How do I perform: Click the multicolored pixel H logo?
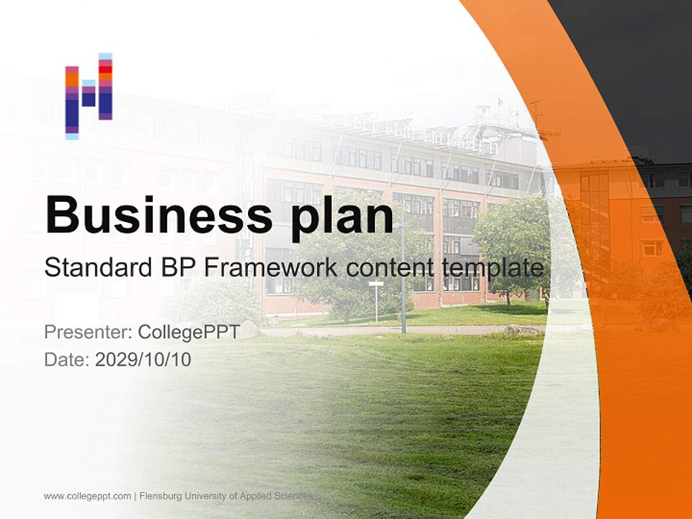click(89, 96)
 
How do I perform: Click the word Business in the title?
click(159, 216)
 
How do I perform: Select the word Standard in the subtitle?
click(99, 267)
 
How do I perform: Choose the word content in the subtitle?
click(390, 268)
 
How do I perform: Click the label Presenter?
click(88, 332)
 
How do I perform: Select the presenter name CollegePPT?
click(189, 332)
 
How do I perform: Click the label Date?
click(67, 360)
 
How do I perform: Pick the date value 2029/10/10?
click(143, 360)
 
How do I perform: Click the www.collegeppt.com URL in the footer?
click(87, 497)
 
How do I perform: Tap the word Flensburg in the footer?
click(161, 497)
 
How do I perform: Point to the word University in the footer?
click(205, 497)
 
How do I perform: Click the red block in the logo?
click(105, 70)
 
